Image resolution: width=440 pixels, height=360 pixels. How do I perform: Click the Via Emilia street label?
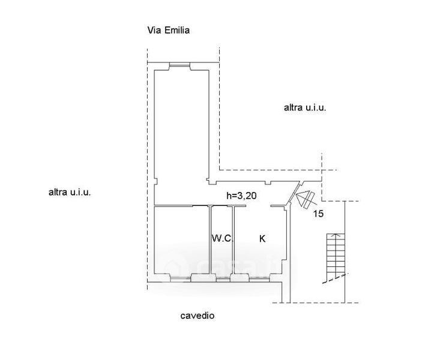coord(169,31)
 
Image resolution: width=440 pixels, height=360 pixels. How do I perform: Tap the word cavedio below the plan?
coord(197,316)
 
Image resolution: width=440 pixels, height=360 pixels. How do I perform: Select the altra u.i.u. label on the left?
coord(70,193)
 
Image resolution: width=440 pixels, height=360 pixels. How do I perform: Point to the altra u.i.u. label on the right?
coord(305,108)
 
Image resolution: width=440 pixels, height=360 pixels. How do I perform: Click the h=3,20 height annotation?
coord(241,196)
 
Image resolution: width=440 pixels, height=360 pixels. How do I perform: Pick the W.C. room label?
coord(222,239)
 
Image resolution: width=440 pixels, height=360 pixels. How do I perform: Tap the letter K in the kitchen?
coord(262,239)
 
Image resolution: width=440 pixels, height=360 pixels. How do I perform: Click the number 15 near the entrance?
coord(319,214)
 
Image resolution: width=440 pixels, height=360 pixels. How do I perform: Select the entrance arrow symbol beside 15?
coord(306,199)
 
